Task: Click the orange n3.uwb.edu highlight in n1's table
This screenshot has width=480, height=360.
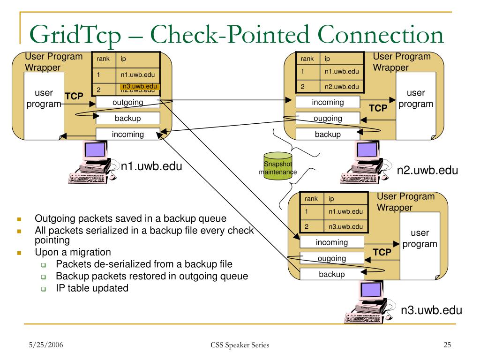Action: coord(140,87)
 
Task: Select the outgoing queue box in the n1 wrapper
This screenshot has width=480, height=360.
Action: coord(128,102)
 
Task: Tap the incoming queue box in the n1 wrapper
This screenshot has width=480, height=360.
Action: coord(128,134)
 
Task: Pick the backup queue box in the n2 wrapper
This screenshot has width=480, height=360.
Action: coord(328,134)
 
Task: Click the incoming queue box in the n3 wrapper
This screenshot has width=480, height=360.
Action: coord(331,242)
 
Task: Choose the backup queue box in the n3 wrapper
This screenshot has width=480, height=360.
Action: coord(331,274)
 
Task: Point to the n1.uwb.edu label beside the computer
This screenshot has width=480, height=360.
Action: coord(151,166)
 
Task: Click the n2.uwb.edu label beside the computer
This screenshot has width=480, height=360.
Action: coord(427,170)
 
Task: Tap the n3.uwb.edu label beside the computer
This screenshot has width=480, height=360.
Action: coord(431,310)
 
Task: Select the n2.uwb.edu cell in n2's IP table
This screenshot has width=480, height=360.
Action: coord(341,86)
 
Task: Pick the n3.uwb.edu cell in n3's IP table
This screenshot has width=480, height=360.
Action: coord(345,227)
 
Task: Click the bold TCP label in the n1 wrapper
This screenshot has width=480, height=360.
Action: coord(74,96)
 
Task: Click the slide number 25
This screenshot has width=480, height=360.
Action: coord(447,345)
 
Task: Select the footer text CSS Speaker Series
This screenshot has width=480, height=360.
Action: coord(240,345)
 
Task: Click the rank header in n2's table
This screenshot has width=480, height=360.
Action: coord(307,59)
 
